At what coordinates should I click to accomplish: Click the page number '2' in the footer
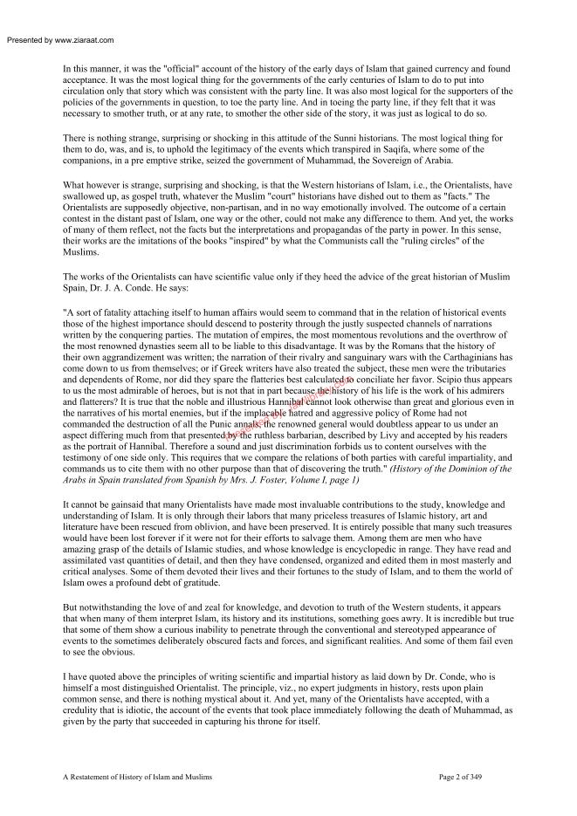[x=477, y=775]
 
